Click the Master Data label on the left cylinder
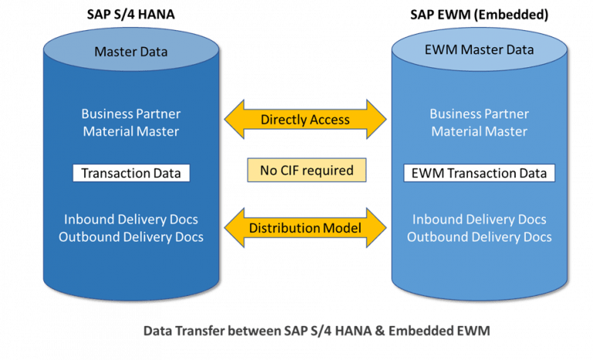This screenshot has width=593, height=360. click(130, 52)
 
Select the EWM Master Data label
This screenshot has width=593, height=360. click(479, 50)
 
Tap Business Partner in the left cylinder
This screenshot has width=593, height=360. click(130, 114)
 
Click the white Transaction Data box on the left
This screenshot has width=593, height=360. click(130, 173)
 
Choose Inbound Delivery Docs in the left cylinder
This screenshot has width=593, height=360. click(130, 219)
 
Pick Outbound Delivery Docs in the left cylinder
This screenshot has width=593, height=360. click(130, 236)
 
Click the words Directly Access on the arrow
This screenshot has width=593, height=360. click(305, 120)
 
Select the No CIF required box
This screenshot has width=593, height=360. click(305, 170)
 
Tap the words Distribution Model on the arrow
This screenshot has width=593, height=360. click(305, 228)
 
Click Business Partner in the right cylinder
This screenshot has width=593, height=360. click(479, 114)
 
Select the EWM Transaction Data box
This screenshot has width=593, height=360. click(479, 173)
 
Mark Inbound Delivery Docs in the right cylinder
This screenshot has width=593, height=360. click(479, 219)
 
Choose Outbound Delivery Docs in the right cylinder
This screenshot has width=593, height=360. click(479, 236)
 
